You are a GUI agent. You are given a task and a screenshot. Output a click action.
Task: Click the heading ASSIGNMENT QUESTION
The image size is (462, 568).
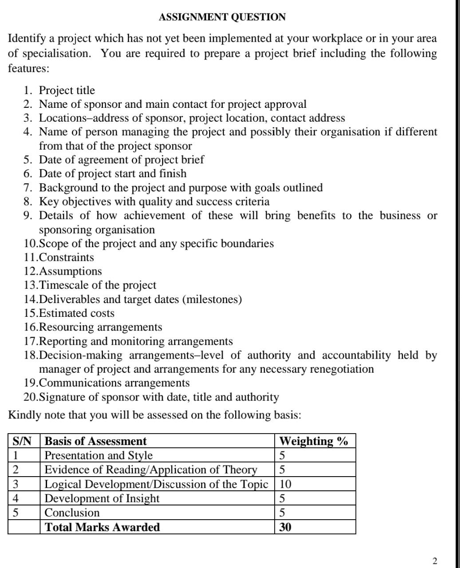point(222,17)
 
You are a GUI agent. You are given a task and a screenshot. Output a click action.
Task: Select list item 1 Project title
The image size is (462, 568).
point(67,91)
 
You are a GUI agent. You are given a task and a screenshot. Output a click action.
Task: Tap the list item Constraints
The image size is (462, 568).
point(67,257)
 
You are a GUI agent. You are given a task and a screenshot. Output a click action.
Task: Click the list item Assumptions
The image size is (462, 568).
point(71,271)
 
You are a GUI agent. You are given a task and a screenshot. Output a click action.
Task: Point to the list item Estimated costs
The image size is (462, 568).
point(76,313)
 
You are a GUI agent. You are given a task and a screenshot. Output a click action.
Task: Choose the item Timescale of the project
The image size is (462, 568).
point(98,285)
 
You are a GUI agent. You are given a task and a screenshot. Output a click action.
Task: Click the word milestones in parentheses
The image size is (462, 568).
point(212,300)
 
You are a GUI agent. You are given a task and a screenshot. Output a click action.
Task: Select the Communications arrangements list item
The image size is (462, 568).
point(114,383)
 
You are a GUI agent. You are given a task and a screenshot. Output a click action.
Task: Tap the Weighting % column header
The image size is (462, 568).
point(313,441)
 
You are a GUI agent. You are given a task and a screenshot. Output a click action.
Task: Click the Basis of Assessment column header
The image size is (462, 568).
point(95,441)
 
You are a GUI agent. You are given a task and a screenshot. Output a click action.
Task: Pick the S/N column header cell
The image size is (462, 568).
point(22,441)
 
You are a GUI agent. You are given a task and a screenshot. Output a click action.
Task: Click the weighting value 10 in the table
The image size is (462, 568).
point(285,484)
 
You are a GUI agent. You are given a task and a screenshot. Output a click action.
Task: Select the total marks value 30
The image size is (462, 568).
point(285,527)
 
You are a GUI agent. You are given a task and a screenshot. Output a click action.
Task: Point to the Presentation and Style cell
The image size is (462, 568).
point(99,456)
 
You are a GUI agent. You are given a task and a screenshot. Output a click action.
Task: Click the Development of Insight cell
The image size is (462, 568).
point(102,498)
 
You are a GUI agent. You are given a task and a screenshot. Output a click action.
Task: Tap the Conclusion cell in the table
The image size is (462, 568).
point(72,513)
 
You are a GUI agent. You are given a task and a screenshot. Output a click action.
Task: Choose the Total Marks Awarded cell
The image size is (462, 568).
point(102,527)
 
